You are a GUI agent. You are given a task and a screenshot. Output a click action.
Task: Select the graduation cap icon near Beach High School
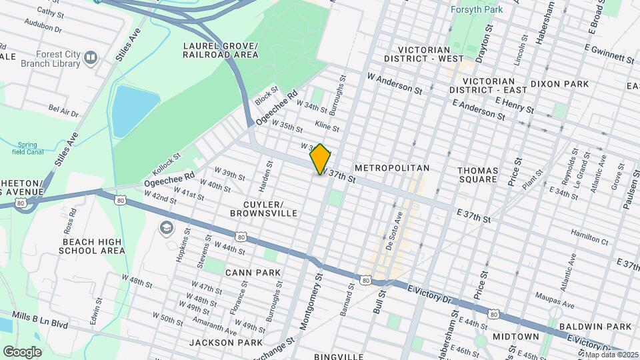(165, 229)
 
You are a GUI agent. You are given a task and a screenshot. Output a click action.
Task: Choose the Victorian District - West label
(431, 54)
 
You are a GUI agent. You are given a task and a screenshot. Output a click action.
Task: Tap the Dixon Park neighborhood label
(560, 84)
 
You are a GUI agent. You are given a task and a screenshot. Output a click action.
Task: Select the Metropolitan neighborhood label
(392, 168)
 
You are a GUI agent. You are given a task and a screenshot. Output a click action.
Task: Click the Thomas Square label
(477, 175)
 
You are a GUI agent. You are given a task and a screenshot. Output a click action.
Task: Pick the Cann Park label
(253, 273)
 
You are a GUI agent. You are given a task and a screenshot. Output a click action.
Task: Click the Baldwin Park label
(595, 327)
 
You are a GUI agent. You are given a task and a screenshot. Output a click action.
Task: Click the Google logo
(22, 351)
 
